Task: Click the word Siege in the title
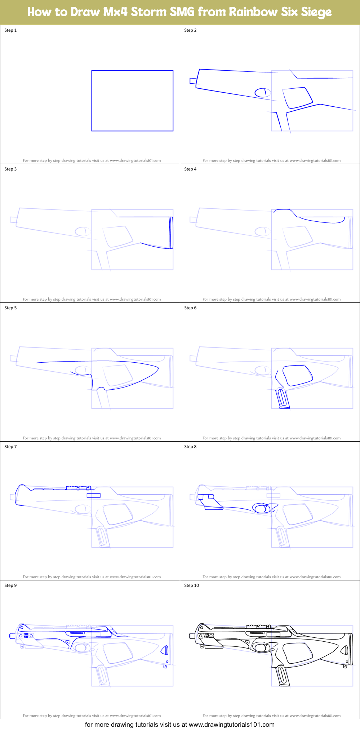coord(316,12)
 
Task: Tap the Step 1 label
coord(10,30)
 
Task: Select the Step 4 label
coord(190,169)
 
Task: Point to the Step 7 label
coord(10,447)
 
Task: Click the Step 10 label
coord(191,585)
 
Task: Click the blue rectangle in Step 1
coord(132,71)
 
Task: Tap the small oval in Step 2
coord(262,93)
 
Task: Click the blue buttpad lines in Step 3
coord(171,233)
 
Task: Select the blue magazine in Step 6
coord(283,399)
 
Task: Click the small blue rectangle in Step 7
coord(93,495)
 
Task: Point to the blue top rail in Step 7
coord(78,488)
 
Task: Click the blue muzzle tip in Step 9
coord(12,636)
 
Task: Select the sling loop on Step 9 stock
coord(165,666)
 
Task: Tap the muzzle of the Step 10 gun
coord(192,636)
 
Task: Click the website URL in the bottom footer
coord(231,725)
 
